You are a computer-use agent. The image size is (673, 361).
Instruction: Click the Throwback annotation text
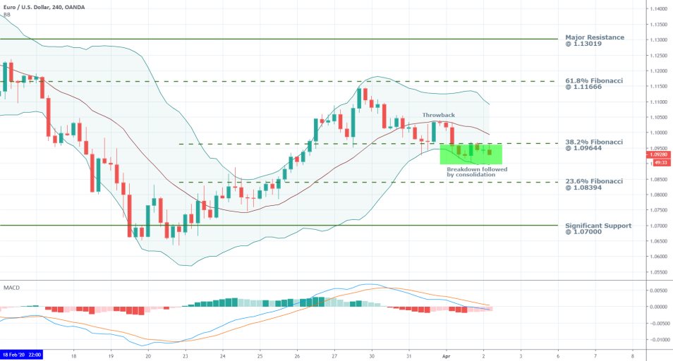pyautogui.click(x=438, y=114)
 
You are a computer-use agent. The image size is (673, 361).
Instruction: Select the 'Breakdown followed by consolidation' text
pyautogui.click(x=476, y=171)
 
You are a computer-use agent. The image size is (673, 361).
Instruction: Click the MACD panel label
pyautogui.click(x=12, y=287)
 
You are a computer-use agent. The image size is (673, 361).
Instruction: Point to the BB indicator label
pyautogui.click(x=7, y=14)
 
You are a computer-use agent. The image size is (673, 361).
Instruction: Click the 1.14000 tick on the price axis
pyautogui.click(x=659, y=9)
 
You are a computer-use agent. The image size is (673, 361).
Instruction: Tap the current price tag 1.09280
pyautogui.click(x=659, y=154)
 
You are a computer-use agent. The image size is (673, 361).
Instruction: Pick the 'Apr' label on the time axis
pyautogui.click(x=446, y=355)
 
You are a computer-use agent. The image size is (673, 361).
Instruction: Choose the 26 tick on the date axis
pyautogui.click(x=297, y=355)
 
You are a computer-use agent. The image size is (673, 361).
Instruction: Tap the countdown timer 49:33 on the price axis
pyautogui.click(x=659, y=161)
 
